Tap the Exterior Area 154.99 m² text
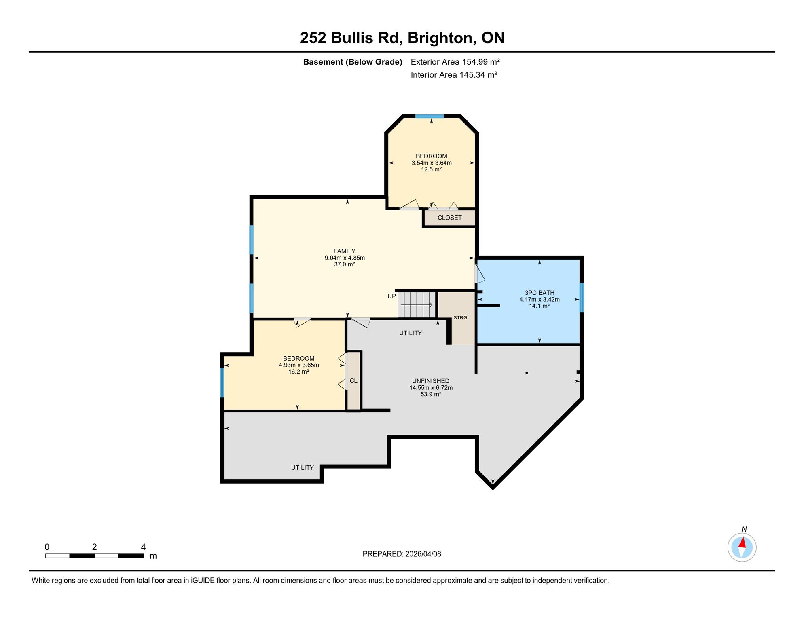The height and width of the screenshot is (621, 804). (x=455, y=62)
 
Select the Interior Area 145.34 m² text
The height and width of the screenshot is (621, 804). (x=454, y=75)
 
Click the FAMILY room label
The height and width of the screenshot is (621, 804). (x=344, y=251)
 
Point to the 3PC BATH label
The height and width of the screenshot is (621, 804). (x=540, y=293)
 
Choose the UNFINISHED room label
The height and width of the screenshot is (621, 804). (x=431, y=381)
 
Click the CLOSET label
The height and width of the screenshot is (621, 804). (x=449, y=218)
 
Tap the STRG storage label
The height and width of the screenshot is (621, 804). (x=460, y=317)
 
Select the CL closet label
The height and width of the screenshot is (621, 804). (x=353, y=381)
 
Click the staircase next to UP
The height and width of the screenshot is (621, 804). (x=417, y=304)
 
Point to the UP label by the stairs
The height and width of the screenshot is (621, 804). (x=391, y=296)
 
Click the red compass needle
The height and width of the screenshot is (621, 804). (x=743, y=542)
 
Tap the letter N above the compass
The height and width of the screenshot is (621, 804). (x=744, y=529)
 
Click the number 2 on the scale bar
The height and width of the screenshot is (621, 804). (x=94, y=547)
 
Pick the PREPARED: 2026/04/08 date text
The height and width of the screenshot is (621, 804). (x=402, y=554)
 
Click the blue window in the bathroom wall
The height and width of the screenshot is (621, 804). (x=582, y=298)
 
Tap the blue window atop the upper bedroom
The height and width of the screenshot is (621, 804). (x=430, y=116)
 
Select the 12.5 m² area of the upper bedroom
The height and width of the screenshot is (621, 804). (x=431, y=169)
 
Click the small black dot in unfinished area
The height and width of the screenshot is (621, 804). (x=527, y=373)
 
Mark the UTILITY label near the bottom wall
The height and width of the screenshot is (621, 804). (x=302, y=467)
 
